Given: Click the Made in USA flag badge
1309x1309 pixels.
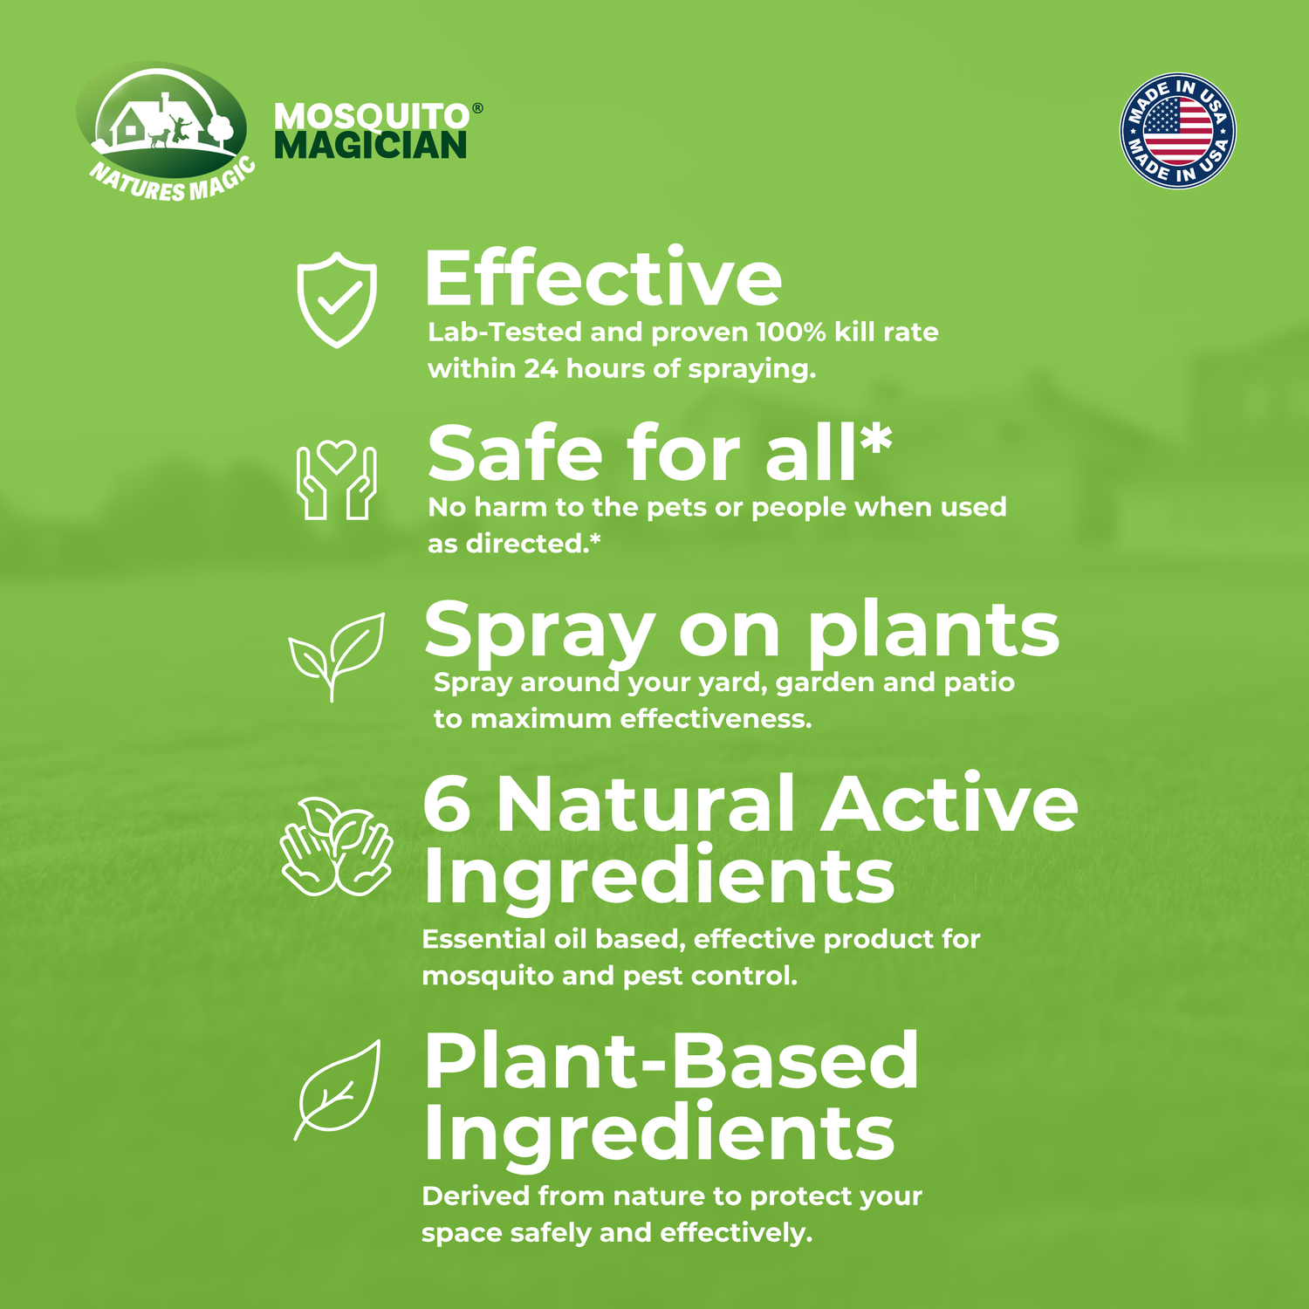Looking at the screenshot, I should (x=1177, y=131).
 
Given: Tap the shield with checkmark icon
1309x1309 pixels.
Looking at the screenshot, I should (x=337, y=299).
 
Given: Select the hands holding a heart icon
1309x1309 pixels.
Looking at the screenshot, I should (x=337, y=479).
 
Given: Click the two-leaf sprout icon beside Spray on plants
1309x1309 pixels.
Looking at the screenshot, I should (x=336, y=654).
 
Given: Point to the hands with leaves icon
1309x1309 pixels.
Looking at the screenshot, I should (x=336, y=847).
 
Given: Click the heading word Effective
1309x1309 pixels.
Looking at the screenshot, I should (x=602, y=279).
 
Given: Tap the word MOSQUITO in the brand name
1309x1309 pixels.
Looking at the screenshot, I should (x=372, y=117).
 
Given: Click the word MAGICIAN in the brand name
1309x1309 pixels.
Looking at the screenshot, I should (x=371, y=146).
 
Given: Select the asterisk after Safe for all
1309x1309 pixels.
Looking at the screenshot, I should (x=875, y=440).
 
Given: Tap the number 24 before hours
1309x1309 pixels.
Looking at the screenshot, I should (x=540, y=369).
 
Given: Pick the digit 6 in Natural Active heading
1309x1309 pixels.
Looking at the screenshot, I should (x=447, y=804).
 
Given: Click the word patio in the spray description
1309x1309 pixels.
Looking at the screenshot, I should (x=981, y=682).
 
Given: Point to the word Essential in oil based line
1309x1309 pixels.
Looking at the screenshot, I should (x=483, y=939).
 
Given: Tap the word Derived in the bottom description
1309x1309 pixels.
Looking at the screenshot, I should (x=475, y=1196).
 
